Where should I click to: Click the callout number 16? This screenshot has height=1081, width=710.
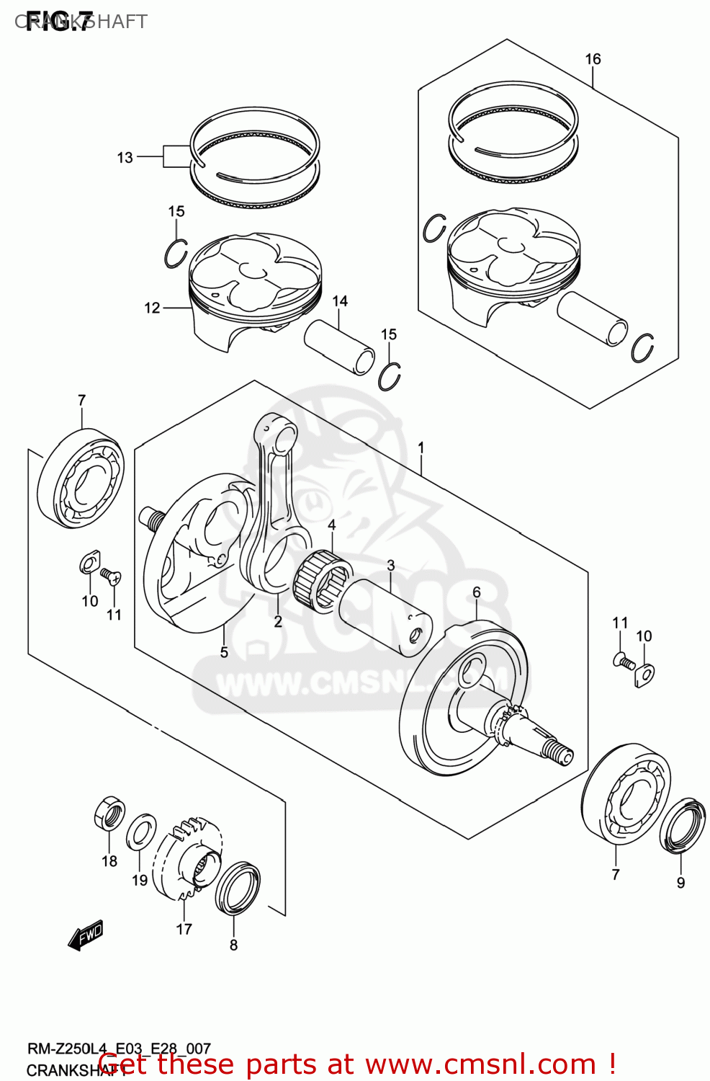(593, 59)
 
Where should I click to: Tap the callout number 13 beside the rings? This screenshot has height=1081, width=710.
(125, 157)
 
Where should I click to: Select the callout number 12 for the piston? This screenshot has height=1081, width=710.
(152, 308)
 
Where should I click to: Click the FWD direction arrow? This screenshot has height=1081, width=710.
(86, 935)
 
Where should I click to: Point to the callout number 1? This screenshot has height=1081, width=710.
(421, 448)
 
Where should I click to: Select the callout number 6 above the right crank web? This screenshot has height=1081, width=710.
(476, 592)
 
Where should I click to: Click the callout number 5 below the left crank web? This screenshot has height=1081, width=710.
(224, 651)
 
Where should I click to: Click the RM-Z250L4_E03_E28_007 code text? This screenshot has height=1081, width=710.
(119, 1049)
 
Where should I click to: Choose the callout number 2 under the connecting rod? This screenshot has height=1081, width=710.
(278, 621)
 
